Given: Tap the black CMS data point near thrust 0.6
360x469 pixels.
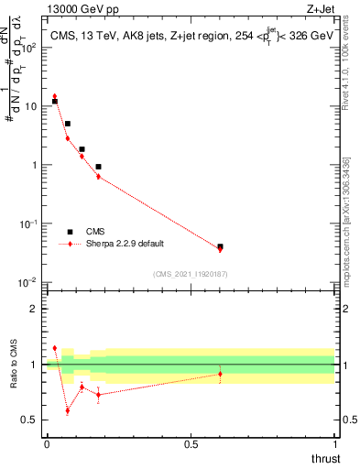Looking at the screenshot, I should pos(220,246).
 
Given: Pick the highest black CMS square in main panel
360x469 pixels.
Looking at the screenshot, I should pos(55,102).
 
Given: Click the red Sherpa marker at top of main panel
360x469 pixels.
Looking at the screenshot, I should pos(55,96).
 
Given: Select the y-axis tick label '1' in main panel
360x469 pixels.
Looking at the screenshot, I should pos(35,165).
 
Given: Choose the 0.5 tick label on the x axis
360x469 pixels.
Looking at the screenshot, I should pos(191,443).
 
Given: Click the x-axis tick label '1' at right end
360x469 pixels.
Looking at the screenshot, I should pos(335,443).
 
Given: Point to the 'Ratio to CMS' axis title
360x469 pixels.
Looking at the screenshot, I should pos(13,364).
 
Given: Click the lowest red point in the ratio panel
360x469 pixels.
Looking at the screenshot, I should pos(67,410).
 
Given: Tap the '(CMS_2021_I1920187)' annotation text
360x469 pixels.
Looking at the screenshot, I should pos(191,274).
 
